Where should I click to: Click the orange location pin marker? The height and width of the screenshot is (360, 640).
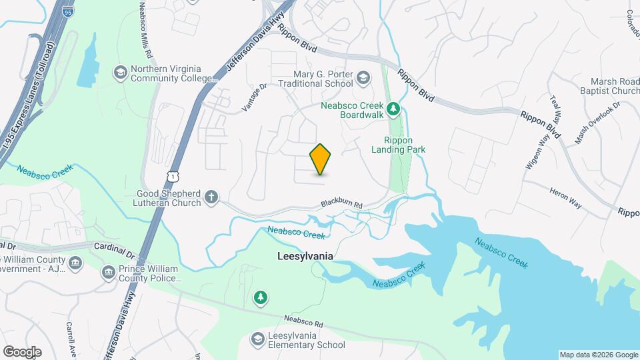(321, 159)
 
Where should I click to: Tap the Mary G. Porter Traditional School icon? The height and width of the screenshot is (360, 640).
(363, 79)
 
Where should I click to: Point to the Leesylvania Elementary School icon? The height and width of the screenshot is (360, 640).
(257, 340)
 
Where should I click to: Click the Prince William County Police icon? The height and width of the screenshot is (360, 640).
(108, 273)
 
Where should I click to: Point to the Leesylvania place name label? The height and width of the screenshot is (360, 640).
(305, 256)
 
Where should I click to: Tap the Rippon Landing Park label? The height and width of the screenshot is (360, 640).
(404, 145)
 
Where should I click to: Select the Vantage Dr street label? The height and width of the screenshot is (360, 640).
(253, 97)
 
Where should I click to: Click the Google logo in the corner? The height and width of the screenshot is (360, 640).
(22, 351)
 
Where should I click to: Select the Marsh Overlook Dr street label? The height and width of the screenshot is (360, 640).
(597, 122)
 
